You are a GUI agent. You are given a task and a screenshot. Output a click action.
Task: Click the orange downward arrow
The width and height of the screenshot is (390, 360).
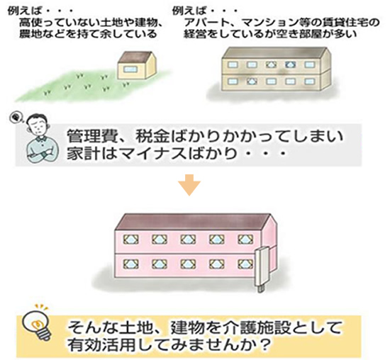click(x=189, y=185)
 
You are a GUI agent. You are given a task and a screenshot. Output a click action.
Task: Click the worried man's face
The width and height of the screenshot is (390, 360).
click(x=38, y=125)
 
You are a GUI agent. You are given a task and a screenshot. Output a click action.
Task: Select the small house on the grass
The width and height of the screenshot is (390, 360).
click(x=137, y=65)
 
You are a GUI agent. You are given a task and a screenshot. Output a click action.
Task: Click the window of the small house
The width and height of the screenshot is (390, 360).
click(x=130, y=69)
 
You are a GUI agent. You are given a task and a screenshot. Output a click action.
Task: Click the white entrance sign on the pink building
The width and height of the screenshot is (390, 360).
click(x=261, y=269)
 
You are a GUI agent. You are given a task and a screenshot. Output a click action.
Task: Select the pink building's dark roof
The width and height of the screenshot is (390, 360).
click(x=196, y=223)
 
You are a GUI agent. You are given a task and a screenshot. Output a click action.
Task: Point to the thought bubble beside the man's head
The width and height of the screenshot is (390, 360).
click(x=16, y=118)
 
